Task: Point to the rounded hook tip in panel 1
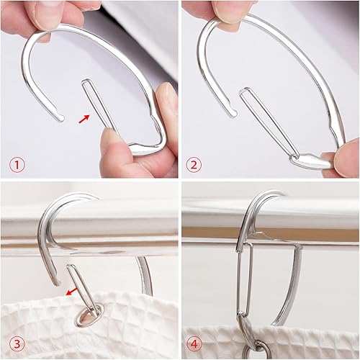coord(63,117)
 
